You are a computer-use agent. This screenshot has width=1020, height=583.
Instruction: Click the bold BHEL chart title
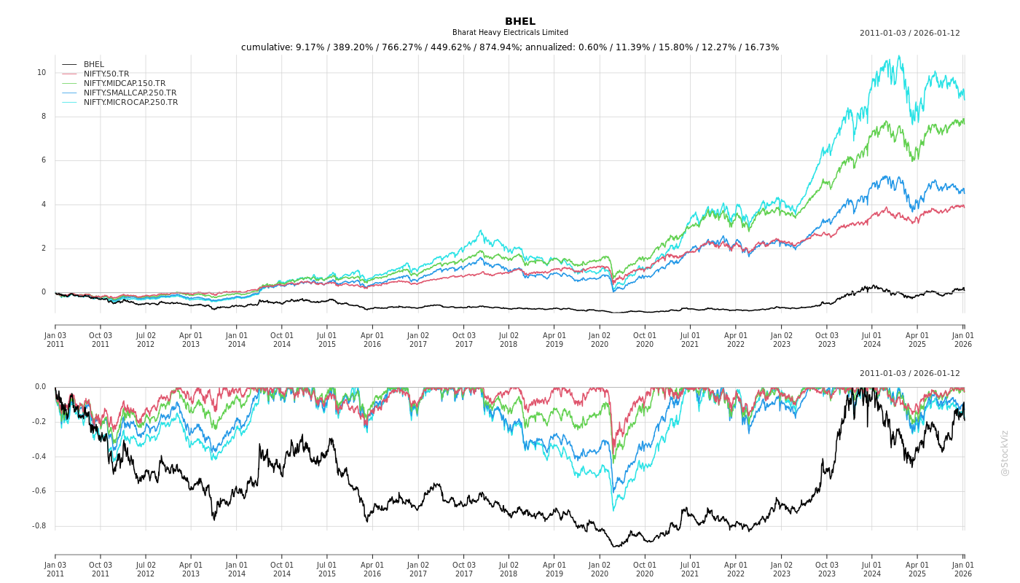coord(519,21)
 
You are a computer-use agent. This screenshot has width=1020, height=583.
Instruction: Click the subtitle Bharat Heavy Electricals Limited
coord(510,33)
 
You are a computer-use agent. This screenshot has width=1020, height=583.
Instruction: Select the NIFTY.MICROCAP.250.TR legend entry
coord(130,103)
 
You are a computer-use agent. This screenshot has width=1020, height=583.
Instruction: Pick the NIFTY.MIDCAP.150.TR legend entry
coord(125,84)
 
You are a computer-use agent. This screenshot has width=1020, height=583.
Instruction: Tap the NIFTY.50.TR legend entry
coord(106,74)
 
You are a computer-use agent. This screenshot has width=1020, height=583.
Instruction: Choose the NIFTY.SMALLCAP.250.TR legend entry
coord(130,93)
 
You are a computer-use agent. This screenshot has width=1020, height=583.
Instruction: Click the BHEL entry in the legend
coord(94,65)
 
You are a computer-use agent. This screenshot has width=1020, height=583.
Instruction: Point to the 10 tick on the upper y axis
coord(42,73)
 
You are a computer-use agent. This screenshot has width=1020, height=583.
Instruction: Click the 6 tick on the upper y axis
coord(43,160)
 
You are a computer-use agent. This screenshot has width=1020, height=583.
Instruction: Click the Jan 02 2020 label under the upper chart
coord(600,340)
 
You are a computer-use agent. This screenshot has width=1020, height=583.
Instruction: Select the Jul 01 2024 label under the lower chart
coord(872,569)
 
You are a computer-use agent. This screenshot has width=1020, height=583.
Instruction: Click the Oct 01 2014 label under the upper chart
coord(282,340)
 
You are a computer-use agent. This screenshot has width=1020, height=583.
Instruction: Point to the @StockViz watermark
coord(1005,453)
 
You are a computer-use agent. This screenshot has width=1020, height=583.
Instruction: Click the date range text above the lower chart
coord(909,374)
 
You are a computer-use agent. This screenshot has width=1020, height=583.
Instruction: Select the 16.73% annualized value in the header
coord(762,47)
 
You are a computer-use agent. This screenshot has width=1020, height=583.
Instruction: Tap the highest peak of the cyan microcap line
coord(899,56)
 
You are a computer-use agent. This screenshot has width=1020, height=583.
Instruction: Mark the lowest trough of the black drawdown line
coord(614,547)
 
